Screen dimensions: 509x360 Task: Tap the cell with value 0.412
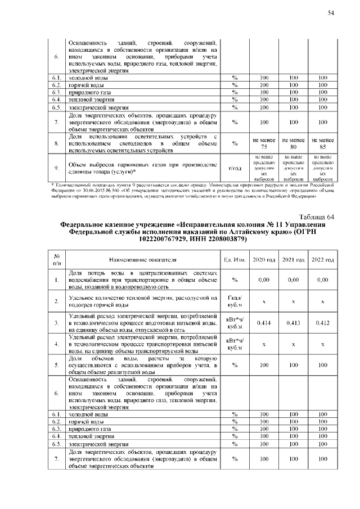pos(322,323)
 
